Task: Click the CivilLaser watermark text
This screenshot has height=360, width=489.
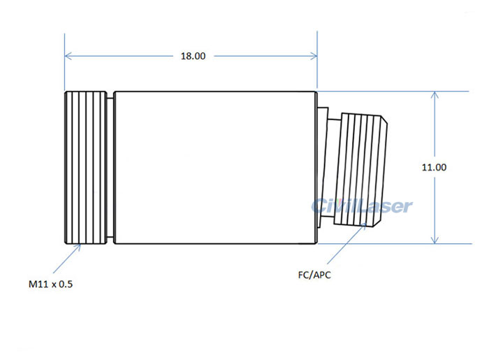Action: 362,205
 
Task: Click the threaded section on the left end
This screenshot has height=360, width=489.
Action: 85,168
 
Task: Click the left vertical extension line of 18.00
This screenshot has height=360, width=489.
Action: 64,70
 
